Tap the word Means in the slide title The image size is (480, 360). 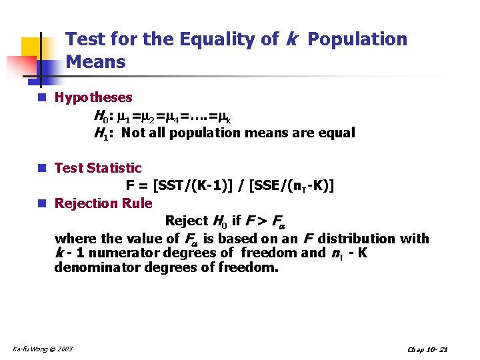click(x=96, y=63)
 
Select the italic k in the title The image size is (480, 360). click(x=291, y=39)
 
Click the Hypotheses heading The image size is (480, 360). click(x=93, y=98)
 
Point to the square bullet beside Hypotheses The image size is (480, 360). click(x=42, y=98)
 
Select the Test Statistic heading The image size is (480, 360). click(x=98, y=168)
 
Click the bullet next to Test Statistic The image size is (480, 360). click(x=42, y=168)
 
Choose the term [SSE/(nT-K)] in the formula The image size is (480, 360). click(x=292, y=186)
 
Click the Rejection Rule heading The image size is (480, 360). click(x=103, y=203)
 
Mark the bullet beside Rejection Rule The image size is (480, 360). click(x=42, y=203)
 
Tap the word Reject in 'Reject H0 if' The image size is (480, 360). click(x=186, y=221)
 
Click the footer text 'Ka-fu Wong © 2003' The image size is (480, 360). click(x=43, y=349)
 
